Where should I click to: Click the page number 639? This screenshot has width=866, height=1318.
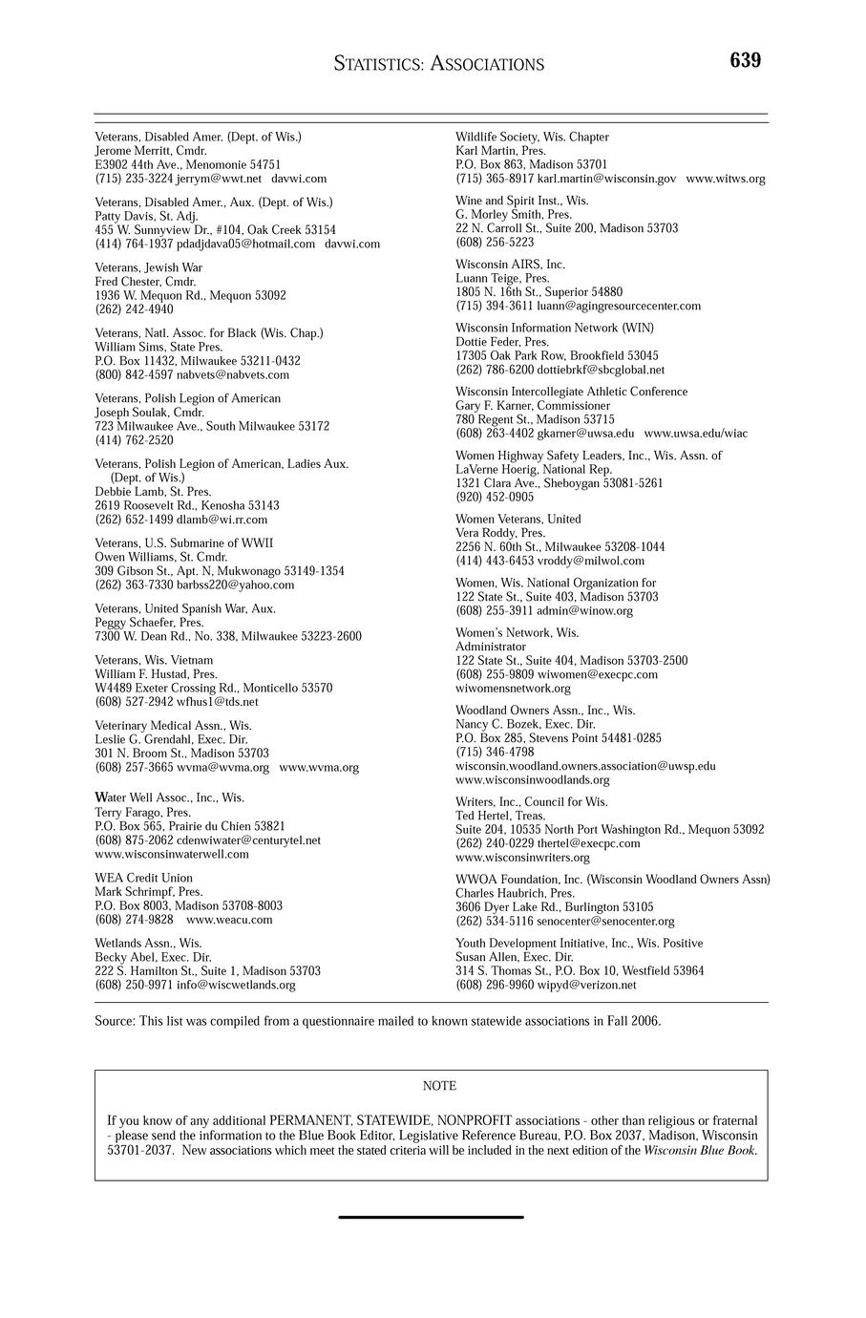[x=745, y=61]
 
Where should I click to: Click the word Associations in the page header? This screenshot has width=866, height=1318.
[x=487, y=65]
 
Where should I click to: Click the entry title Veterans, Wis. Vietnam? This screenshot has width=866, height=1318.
[x=154, y=660]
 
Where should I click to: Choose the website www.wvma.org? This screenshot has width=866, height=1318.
[x=319, y=767]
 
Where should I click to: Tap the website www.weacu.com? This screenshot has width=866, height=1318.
[x=229, y=920]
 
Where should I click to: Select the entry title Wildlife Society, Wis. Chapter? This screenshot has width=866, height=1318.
[x=532, y=138]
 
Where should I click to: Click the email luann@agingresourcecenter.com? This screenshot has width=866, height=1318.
[x=619, y=306]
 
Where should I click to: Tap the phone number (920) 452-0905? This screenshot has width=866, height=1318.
[x=495, y=497]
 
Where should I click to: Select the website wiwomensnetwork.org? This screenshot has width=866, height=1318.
[x=513, y=688]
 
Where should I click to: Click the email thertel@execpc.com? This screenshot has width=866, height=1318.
[x=589, y=843]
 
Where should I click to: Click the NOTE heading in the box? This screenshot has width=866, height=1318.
[x=439, y=1086]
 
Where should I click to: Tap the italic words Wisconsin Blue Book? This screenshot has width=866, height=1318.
[x=699, y=1151]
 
